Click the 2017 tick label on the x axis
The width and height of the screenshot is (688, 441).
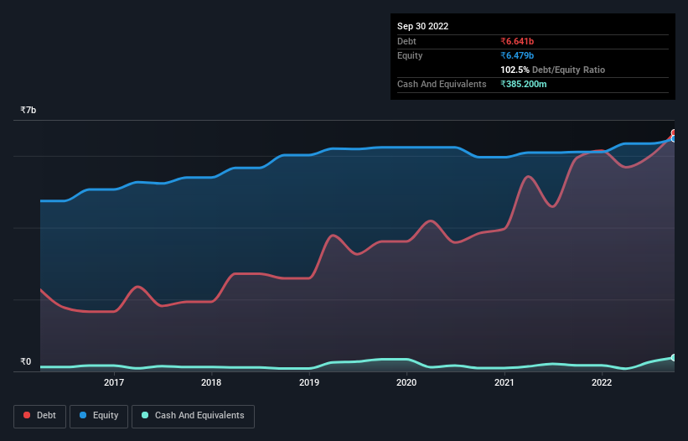(114, 383)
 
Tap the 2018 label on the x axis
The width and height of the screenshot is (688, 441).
(211, 383)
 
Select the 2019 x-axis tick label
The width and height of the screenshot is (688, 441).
(309, 383)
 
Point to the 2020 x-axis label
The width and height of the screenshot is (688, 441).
(406, 383)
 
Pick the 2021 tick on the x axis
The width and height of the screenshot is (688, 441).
(504, 383)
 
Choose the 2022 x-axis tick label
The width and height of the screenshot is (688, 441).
(601, 383)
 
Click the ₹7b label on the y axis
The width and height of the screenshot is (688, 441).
(28, 111)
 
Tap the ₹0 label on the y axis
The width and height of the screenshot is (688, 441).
(25, 362)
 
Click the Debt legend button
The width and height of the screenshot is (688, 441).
(39, 416)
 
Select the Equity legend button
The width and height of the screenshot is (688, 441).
(99, 416)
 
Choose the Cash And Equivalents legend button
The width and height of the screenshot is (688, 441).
(194, 416)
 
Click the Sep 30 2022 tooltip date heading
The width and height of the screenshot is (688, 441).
(423, 26)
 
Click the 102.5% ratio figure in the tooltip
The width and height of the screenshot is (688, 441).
(515, 70)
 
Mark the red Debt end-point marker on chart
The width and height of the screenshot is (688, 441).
(674, 133)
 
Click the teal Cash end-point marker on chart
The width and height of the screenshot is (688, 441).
(674, 358)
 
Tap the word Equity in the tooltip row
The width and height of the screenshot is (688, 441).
(410, 55)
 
